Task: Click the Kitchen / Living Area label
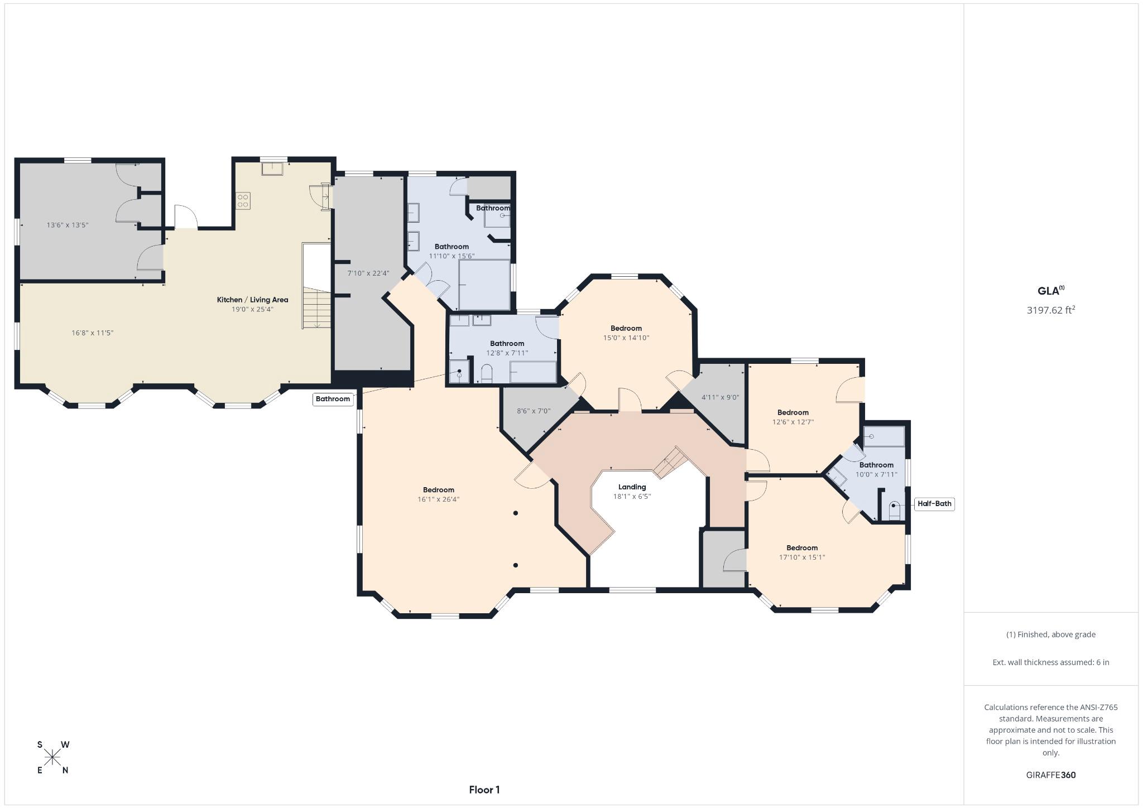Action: pos(252,300)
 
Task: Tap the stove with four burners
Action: pos(243,200)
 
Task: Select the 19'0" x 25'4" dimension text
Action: pos(252,309)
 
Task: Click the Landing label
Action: pos(632,487)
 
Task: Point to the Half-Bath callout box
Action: pos(934,504)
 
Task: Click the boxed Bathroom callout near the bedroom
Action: pos(333,399)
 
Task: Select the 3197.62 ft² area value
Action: pos(1050,310)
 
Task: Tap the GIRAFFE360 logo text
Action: pos(1050,775)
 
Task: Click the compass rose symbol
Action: pos(53,757)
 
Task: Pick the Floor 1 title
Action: pos(484,790)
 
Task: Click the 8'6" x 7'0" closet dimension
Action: pos(534,411)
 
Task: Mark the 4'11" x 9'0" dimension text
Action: pos(720,397)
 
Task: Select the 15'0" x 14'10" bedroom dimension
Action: pos(626,338)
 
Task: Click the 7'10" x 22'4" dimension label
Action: pos(368,273)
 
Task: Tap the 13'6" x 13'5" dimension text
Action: pos(68,225)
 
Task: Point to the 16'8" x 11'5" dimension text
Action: pos(93,333)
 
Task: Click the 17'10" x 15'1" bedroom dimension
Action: pos(802,557)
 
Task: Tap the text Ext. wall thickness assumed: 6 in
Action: pos(1050,662)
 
